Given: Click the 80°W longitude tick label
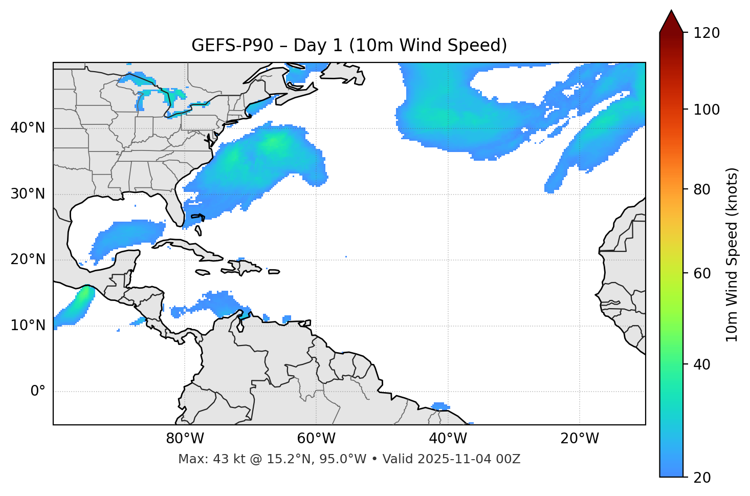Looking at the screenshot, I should point(185,439).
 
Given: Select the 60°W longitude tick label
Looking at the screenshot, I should point(316,439).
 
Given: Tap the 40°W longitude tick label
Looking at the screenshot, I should point(448,439).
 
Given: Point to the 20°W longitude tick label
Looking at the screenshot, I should point(580,439).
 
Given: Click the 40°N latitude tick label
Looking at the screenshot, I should point(28,128).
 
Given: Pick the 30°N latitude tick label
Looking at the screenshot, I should point(28,194).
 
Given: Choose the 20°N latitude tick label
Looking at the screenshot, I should point(28,260).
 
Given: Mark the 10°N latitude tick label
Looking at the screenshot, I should point(28,326).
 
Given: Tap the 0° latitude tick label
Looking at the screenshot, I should point(38,392).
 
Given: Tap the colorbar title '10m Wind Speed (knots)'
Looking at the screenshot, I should point(732,254).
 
